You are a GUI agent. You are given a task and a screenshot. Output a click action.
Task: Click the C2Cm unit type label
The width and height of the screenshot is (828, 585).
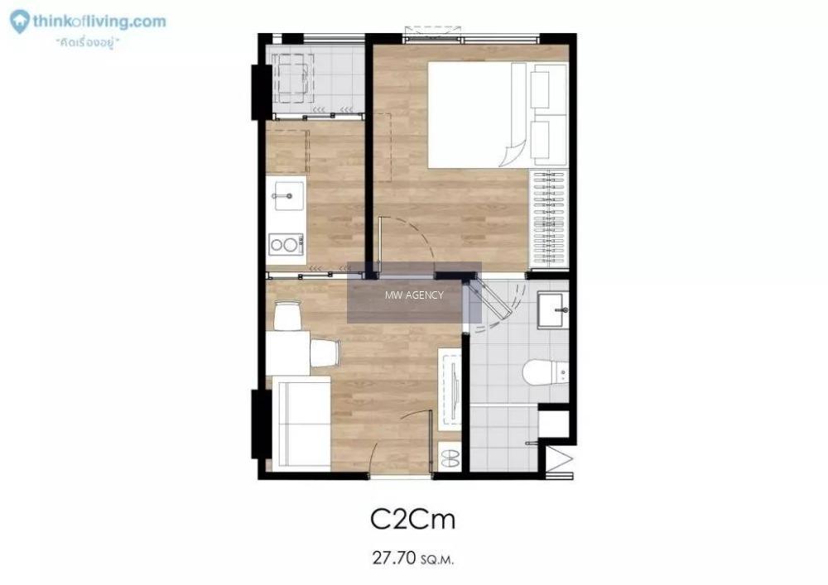412,519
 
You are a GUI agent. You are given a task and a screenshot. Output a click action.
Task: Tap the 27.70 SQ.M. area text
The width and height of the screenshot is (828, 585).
412,558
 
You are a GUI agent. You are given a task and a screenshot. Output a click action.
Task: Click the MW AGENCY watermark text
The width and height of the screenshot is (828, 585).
414,295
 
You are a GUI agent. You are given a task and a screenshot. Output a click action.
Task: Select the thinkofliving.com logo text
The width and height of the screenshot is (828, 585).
99,22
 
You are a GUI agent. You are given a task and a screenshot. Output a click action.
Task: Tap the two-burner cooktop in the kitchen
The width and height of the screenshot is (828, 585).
286,245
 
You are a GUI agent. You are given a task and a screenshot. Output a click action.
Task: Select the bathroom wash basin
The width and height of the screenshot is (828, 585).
553,310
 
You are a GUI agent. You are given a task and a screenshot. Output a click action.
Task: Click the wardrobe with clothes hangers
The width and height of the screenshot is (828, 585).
549,218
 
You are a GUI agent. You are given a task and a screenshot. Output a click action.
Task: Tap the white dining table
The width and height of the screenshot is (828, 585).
288,352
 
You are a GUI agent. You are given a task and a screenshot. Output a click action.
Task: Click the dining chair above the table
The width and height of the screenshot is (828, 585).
288,315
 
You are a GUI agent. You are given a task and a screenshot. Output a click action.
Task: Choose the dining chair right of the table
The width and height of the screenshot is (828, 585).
325,352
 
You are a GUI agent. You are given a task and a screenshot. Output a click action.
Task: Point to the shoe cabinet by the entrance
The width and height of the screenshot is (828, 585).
450,457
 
